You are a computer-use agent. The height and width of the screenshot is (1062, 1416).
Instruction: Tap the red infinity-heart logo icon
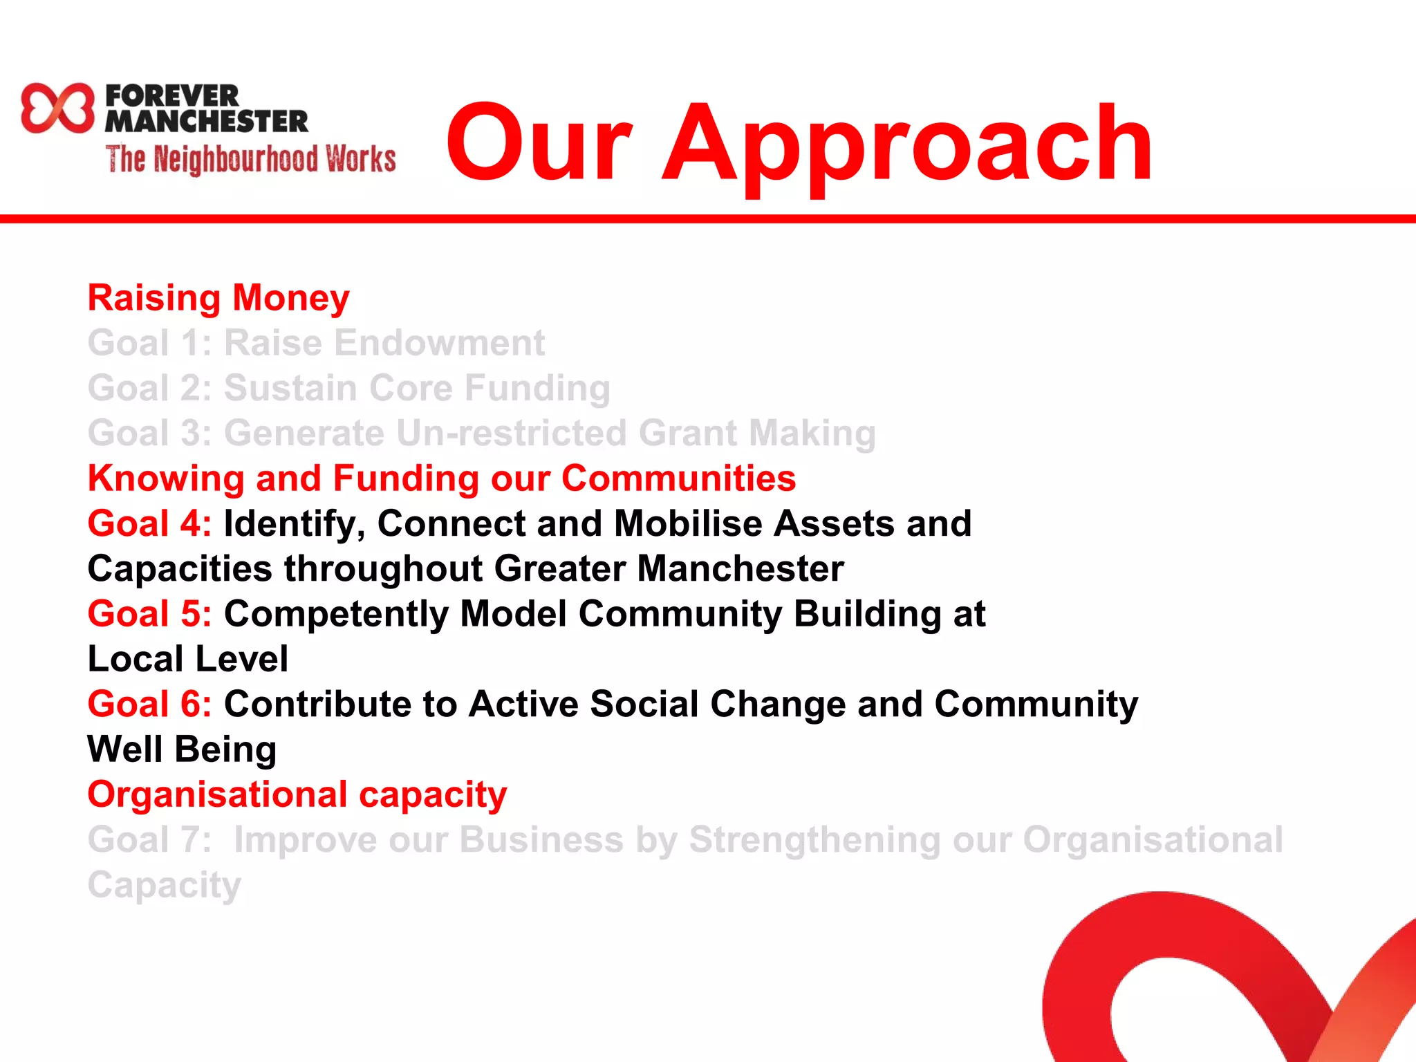coord(57,108)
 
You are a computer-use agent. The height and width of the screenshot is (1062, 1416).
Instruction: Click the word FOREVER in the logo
coord(172,95)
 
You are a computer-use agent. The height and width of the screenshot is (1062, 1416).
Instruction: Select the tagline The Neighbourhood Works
coord(251,159)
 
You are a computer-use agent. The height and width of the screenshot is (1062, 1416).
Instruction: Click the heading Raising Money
coord(218,298)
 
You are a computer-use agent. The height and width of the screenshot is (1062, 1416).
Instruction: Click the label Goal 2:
coord(149,388)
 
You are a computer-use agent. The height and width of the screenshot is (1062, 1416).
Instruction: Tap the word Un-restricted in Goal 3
coord(511,434)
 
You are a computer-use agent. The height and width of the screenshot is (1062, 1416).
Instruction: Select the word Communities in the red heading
coord(678,478)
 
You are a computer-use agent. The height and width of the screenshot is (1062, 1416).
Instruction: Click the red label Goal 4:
coord(149,523)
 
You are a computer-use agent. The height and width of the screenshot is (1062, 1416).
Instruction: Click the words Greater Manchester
coord(669,569)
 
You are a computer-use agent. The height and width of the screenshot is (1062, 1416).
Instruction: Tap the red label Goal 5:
coord(149,614)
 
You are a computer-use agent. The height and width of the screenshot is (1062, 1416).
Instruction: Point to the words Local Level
coord(187,659)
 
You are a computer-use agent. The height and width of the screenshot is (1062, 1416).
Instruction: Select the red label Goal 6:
coord(149,705)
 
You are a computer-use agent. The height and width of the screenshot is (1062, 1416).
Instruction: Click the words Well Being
coord(182,749)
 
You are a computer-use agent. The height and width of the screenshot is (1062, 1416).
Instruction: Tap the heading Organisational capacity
coord(297,794)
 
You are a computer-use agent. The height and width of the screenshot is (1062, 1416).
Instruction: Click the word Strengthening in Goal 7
coord(814,840)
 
